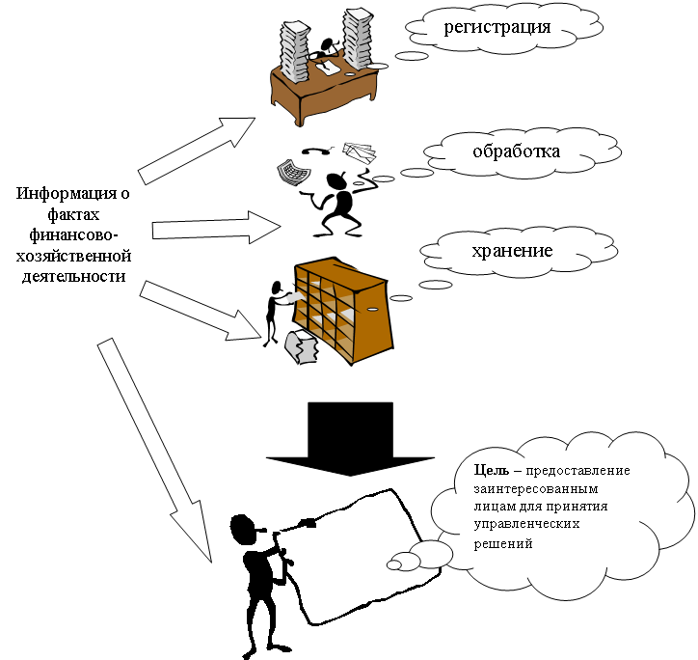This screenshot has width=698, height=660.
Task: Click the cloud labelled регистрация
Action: pos(497,26)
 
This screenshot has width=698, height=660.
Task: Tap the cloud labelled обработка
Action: pos(516,151)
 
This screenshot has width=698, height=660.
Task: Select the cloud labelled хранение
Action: pos(511,250)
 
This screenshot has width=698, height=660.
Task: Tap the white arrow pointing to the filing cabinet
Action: pos(202,308)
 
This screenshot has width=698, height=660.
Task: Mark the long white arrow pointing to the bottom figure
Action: pos(154,450)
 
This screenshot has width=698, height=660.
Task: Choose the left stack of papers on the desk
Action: pos(294,43)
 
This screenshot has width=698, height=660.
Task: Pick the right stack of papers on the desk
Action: pos(358,39)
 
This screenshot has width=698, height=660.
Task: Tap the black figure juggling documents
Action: pos(336,203)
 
